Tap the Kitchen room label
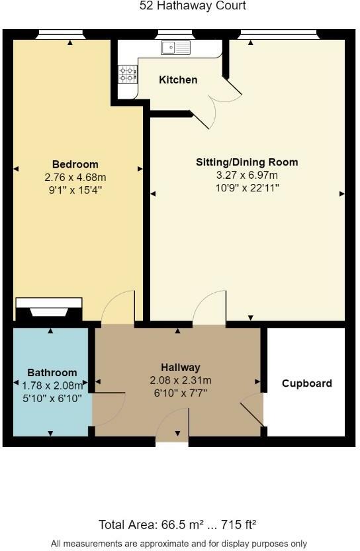click(178, 79)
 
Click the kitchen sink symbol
click(175, 47)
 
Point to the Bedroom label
click(75, 164)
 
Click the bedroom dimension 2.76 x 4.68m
click(75, 177)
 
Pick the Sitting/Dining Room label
click(247, 162)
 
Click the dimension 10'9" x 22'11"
click(247, 187)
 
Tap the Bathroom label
click(52, 373)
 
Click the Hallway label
click(180, 367)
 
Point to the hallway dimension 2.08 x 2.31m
click(180, 380)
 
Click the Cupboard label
click(306, 383)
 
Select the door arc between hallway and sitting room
click(210, 307)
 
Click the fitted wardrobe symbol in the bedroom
click(48, 309)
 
